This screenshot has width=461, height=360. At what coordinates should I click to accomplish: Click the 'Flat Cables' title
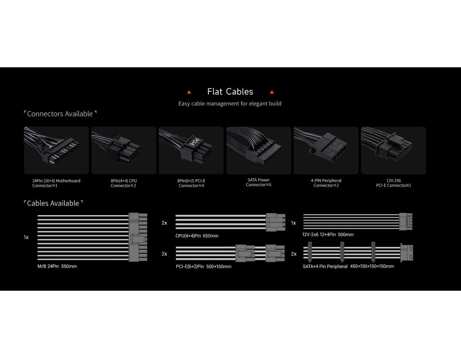tap(230, 92)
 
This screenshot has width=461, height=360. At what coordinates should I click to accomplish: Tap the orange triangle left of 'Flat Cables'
tap(189, 92)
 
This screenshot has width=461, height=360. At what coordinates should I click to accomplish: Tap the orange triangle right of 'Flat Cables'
tap(272, 92)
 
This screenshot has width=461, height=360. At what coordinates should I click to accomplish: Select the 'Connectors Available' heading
tap(60, 114)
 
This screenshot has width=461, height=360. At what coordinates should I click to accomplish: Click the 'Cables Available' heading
tap(53, 203)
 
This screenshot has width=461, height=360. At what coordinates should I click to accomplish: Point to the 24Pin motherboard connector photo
tap(56, 150)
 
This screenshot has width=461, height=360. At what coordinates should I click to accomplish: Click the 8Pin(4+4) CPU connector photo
tap(124, 150)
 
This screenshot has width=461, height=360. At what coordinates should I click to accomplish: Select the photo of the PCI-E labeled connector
tap(191, 150)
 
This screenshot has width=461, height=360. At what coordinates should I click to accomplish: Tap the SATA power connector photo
tap(259, 150)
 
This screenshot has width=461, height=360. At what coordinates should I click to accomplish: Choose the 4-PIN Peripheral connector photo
tap(326, 150)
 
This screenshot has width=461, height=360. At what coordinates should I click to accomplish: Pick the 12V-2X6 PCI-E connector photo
tap(393, 150)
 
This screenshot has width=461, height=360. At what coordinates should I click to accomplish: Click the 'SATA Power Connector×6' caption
tap(259, 182)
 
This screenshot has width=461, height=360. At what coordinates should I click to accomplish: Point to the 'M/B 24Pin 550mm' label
tap(57, 266)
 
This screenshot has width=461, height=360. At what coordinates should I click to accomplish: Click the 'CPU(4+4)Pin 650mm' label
tap(197, 236)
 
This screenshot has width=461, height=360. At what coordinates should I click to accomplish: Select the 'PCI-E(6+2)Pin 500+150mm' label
tap(203, 266)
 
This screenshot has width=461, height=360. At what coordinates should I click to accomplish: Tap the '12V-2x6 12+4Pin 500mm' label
tap(328, 234)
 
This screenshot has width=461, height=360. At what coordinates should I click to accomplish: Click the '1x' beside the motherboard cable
tap(26, 237)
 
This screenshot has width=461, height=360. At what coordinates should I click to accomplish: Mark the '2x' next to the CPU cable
tap(164, 223)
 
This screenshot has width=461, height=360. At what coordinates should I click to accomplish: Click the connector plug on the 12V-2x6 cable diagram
tap(406, 221)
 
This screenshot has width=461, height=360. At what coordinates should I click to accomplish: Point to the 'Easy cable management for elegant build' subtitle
tap(230, 103)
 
